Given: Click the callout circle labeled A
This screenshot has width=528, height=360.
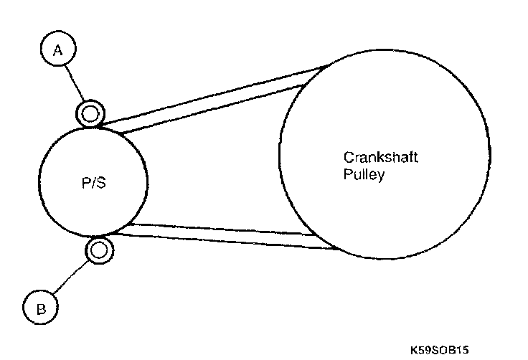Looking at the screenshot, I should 60,49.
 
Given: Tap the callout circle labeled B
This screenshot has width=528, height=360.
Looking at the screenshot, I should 41,308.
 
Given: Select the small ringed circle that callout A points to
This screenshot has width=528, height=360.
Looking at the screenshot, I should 90,113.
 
